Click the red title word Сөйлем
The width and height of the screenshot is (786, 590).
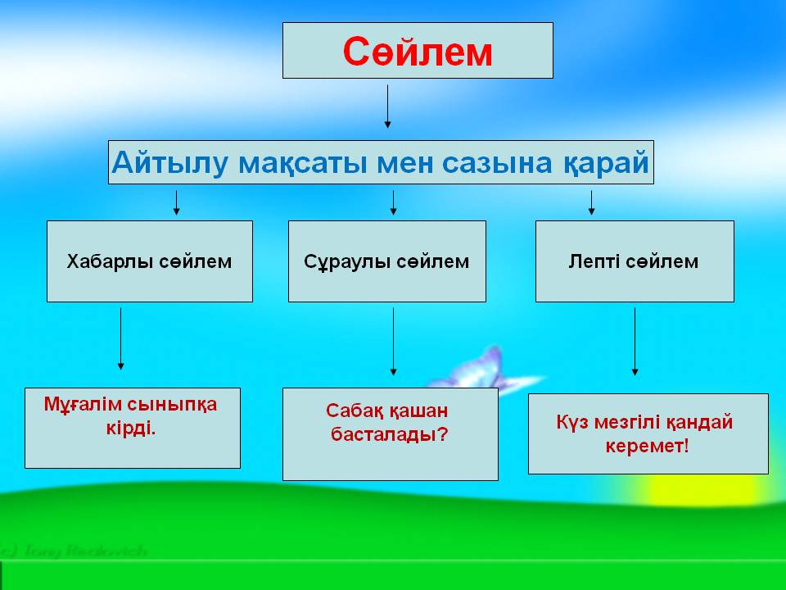(418, 52)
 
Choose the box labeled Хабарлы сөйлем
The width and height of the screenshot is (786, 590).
(149, 261)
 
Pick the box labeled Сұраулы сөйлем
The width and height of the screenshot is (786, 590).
(386, 261)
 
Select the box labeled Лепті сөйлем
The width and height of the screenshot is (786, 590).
(634, 261)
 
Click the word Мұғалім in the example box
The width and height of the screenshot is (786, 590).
(86, 404)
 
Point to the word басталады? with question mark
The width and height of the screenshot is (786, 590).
(390, 434)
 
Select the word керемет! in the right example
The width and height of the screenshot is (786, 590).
(647, 447)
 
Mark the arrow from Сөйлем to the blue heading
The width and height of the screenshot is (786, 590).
(387, 106)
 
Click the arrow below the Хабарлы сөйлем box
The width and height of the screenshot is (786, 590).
(121, 338)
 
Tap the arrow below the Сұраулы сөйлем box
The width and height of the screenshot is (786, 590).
(393, 340)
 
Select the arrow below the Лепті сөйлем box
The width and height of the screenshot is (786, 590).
(635, 341)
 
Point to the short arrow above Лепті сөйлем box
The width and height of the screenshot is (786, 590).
(591, 202)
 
